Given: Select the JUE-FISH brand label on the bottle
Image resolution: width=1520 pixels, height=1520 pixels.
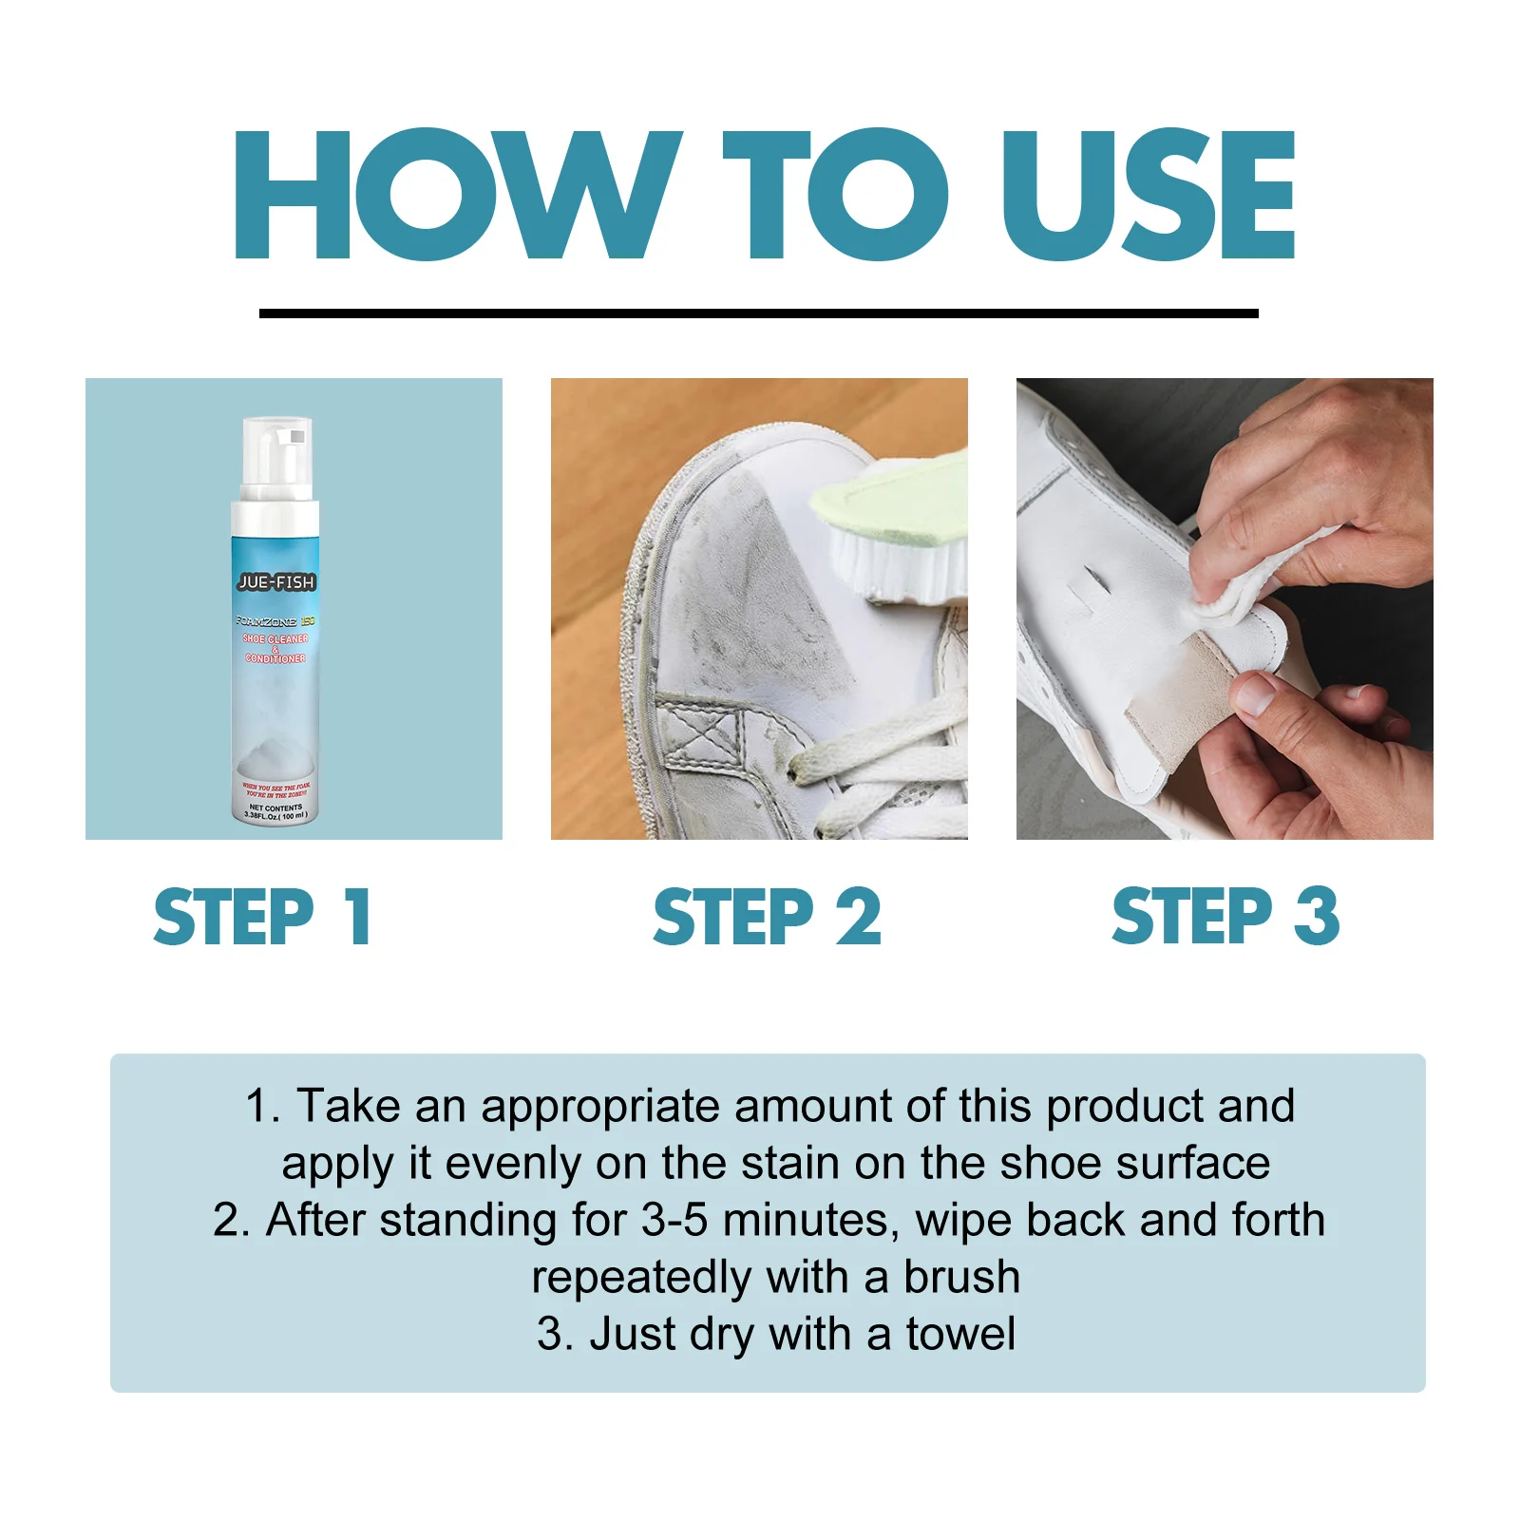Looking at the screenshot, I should (275, 582).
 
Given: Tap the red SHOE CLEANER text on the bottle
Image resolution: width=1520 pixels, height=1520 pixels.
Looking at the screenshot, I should (275, 639).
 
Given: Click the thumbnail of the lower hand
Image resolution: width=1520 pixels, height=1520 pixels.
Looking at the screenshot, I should (1257, 694).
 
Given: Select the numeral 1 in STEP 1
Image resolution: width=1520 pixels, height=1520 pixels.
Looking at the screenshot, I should (357, 918).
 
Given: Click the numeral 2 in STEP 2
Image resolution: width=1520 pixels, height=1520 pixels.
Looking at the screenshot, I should (858, 918).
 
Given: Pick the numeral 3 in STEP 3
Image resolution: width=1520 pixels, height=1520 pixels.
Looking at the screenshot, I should (1317, 918).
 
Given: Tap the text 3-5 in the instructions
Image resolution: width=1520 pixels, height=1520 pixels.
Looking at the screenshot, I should (674, 1221).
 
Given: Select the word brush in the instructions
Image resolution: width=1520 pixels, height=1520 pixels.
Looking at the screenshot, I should (961, 1278).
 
